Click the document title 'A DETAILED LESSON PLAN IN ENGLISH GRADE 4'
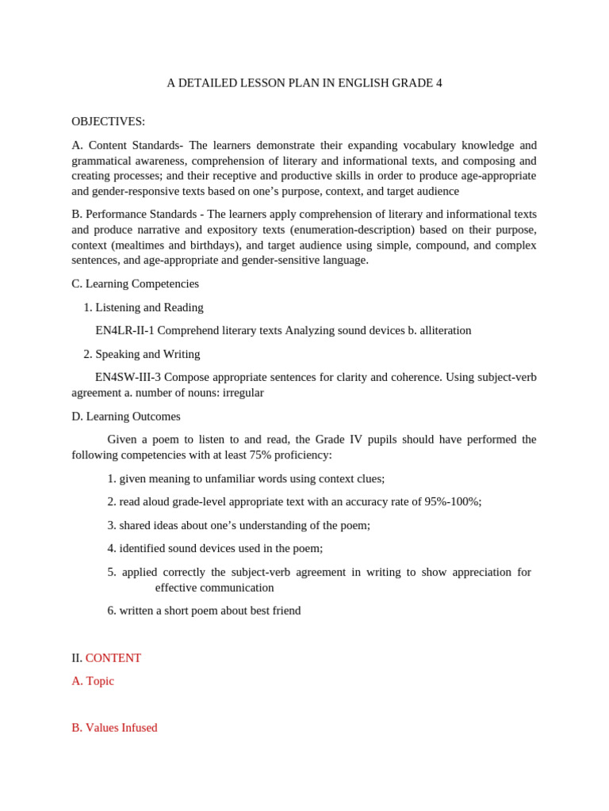(x=304, y=83)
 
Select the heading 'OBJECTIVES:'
(x=108, y=121)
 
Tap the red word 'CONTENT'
(x=113, y=658)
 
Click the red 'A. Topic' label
(x=93, y=681)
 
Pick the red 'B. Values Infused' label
(x=114, y=728)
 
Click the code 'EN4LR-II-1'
(x=124, y=330)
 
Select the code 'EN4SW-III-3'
(x=128, y=377)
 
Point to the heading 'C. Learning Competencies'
(x=135, y=284)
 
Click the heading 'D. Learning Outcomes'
(x=125, y=417)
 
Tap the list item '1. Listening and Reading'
(x=144, y=307)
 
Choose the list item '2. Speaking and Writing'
(x=142, y=354)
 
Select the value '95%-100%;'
(x=452, y=501)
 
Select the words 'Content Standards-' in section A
(x=136, y=145)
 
